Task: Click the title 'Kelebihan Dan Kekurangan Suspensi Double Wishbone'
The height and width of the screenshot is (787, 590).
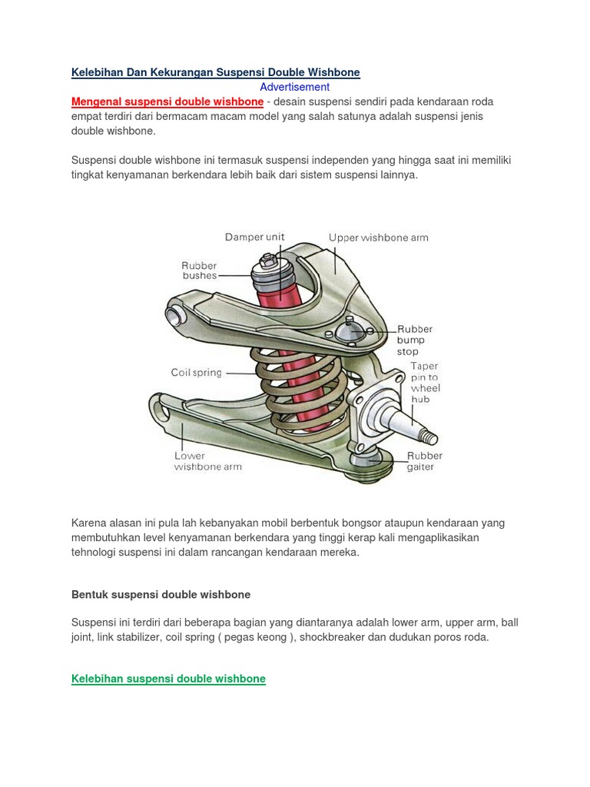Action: point(215,72)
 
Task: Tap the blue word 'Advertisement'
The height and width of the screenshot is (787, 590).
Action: point(294,87)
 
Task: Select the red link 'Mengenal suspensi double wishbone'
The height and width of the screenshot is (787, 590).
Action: point(167,101)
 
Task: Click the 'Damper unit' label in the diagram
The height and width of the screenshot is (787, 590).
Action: point(254,237)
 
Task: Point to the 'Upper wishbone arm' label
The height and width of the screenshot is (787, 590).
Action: point(378,237)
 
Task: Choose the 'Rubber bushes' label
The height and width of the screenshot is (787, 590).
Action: point(199,271)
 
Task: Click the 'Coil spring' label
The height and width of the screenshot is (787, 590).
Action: point(196,373)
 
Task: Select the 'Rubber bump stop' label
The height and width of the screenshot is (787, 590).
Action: point(414,340)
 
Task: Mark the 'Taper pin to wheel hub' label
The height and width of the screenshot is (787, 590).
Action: point(424,383)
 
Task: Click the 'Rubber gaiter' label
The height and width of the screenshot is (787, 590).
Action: point(424,461)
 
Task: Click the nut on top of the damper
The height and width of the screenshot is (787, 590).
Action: point(269,261)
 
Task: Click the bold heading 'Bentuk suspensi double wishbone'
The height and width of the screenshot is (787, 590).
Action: point(161,595)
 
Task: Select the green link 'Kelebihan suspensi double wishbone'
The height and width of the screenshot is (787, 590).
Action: point(168,679)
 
